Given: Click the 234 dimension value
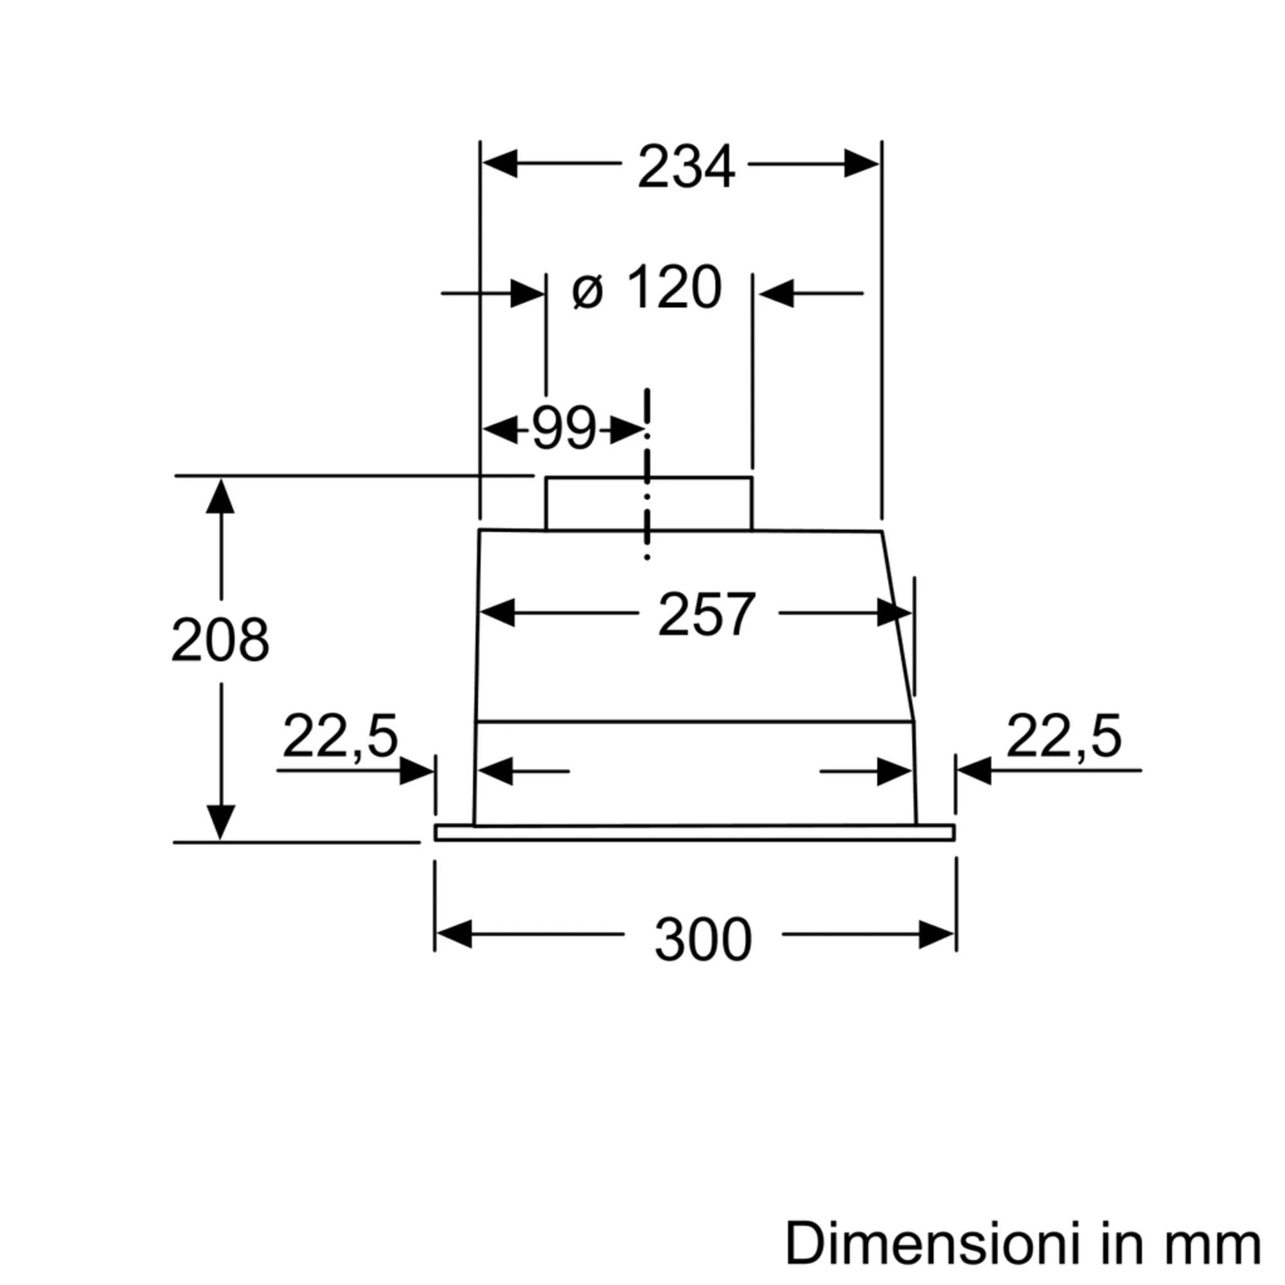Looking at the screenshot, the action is tap(686, 166).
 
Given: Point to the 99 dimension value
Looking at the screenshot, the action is tap(564, 428).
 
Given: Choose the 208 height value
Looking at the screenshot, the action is tap(220, 640).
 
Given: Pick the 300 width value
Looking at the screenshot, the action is tap(703, 939).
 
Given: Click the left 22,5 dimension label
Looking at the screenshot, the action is tap(341, 737).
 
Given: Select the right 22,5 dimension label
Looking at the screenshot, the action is tap(1063, 737).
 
